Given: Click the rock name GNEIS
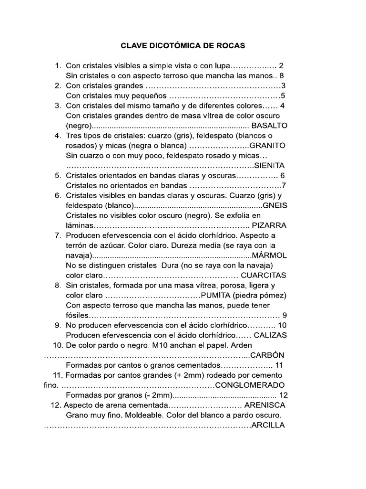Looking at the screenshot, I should [274, 205].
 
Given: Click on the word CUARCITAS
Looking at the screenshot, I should [264, 276].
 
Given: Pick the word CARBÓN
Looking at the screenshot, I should [267, 355].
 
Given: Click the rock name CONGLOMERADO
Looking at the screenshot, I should [250, 385].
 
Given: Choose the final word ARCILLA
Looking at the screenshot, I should [268, 425].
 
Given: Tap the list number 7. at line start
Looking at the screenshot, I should [58, 235].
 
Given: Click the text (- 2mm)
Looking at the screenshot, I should [158, 395].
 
